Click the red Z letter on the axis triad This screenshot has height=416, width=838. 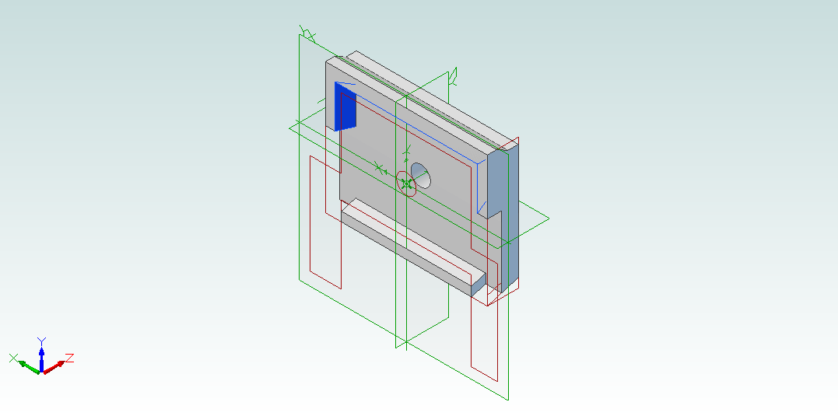[x=69, y=358]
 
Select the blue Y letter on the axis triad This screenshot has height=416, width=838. [x=41, y=341]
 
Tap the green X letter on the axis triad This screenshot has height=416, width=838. [x=14, y=358]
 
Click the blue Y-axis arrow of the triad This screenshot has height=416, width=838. [x=41, y=358]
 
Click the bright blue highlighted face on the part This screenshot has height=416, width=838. [x=345, y=107]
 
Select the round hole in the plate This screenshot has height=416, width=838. [x=421, y=175]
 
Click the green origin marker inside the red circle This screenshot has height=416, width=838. [x=407, y=184]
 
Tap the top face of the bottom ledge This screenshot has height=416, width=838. [x=412, y=239]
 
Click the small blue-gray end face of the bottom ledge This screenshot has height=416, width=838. [x=479, y=285]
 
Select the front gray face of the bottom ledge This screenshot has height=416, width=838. [x=406, y=253]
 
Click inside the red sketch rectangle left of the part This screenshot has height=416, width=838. [x=325, y=222]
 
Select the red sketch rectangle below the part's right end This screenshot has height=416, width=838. [x=484, y=331]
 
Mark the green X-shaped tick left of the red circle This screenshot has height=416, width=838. [x=379, y=168]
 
